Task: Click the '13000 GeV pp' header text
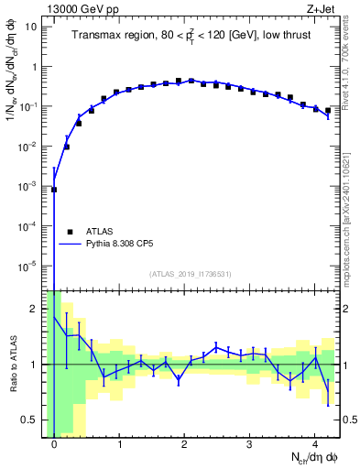(79, 10)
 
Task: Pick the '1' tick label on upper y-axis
(34, 67)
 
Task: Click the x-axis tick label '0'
(54, 445)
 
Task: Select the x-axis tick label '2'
(185, 445)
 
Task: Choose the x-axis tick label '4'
(315, 445)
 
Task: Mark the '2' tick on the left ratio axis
(34, 308)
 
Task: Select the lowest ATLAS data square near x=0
(54, 190)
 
